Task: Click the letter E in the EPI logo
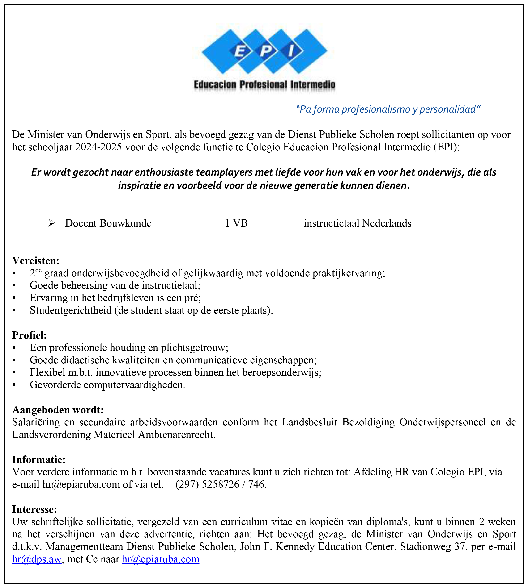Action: point(240,52)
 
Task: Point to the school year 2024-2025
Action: point(98,147)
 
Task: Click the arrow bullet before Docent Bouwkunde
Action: point(52,223)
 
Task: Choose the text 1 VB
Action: point(236,223)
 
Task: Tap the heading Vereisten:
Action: point(36,261)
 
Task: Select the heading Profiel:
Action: point(30,335)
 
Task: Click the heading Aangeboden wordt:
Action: point(58,410)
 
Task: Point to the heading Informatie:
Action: point(39,460)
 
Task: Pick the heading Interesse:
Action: point(34,509)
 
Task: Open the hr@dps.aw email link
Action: point(37,559)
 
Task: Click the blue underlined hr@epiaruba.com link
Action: point(160,559)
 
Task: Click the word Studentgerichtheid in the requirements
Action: point(71,311)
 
